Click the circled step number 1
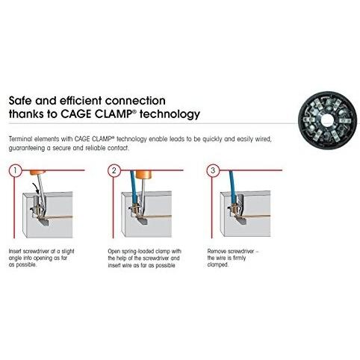[x=16, y=170]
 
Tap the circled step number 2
[x=114, y=170]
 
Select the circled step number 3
[x=213, y=170]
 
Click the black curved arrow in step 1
[x=36, y=188]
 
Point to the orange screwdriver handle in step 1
[x=37, y=173]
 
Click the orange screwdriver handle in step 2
[x=143, y=175]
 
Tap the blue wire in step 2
[x=134, y=187]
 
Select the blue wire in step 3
[x=232, y=187]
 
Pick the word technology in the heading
[x=170, y=115]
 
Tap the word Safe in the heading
[x=21, y=101]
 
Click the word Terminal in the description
[x=20, y=139]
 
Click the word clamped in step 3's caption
[x=218, y=264]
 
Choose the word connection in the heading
[x=135, y=101]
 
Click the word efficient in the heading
[x=81, y=101]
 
